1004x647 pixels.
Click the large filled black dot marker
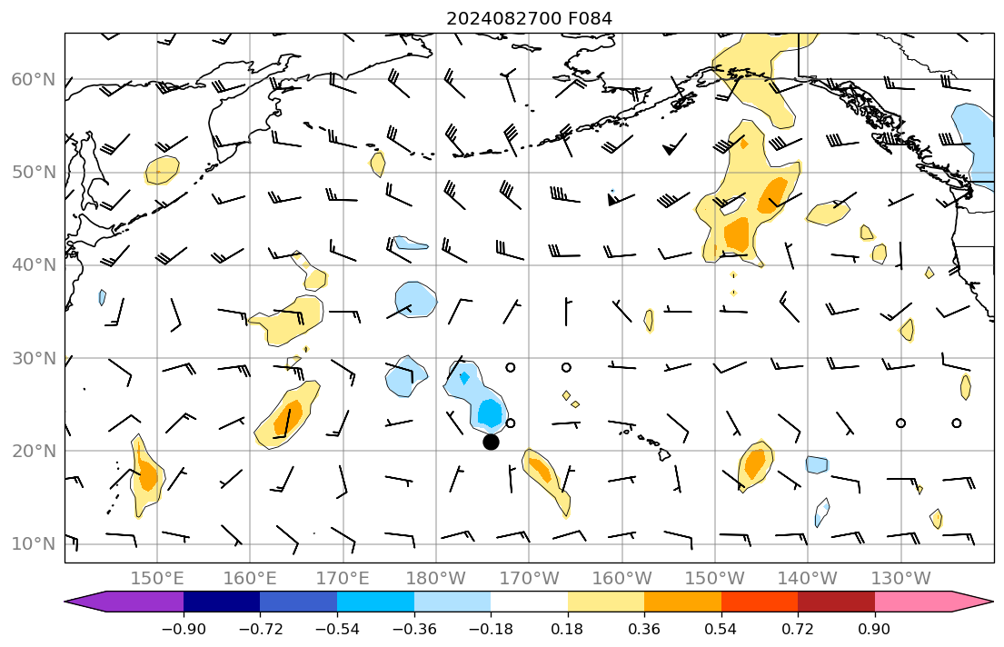pos(491,442)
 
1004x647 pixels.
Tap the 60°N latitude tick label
pos(34,80)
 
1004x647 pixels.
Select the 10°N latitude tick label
pos(34,544)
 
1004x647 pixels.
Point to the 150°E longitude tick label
pos(157,578)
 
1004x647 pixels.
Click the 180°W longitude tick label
pos(436,578)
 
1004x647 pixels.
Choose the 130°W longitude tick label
pos(900,578)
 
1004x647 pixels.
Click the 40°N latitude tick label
pos(34,265)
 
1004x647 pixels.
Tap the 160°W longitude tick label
pos(622,578)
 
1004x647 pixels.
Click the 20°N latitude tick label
pos(34,452)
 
